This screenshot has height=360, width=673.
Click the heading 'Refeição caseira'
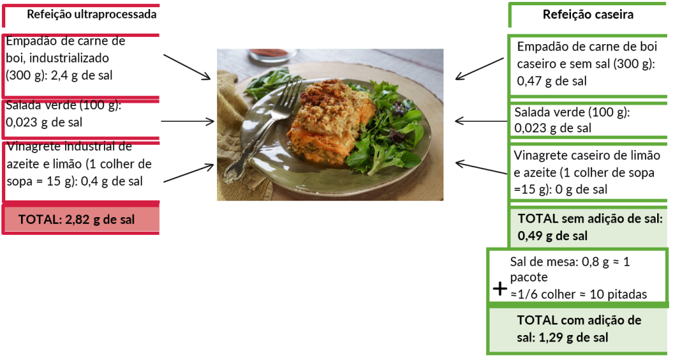point(588,14)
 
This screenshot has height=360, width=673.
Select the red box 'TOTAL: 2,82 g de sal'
point(80,220)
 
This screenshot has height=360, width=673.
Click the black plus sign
point(499,288)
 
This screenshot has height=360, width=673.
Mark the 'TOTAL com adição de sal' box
point(579,328)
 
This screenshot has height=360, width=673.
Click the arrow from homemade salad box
point(480,121)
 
